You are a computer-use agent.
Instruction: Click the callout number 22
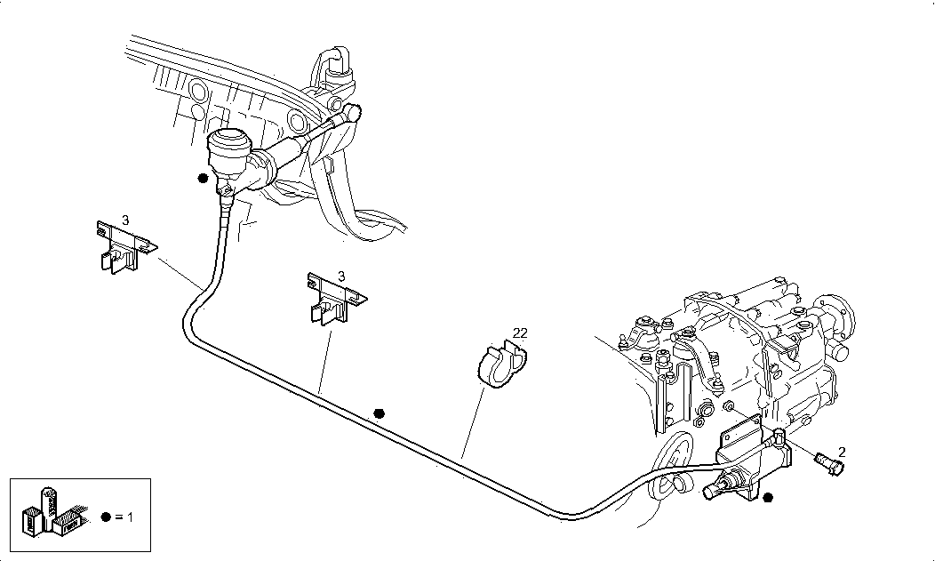(521, 333)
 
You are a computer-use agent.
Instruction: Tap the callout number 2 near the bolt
(841, 452)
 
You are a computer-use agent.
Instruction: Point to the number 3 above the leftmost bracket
(125, 218)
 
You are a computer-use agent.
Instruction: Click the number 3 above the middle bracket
(340, 276)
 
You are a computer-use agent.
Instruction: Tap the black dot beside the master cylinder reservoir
(204, 178)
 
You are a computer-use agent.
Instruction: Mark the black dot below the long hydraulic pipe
(380, 413)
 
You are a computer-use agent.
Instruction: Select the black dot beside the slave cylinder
(769, 497)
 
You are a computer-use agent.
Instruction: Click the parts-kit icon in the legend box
(53, 512)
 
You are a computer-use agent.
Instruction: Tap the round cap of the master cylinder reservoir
(229, 140)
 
